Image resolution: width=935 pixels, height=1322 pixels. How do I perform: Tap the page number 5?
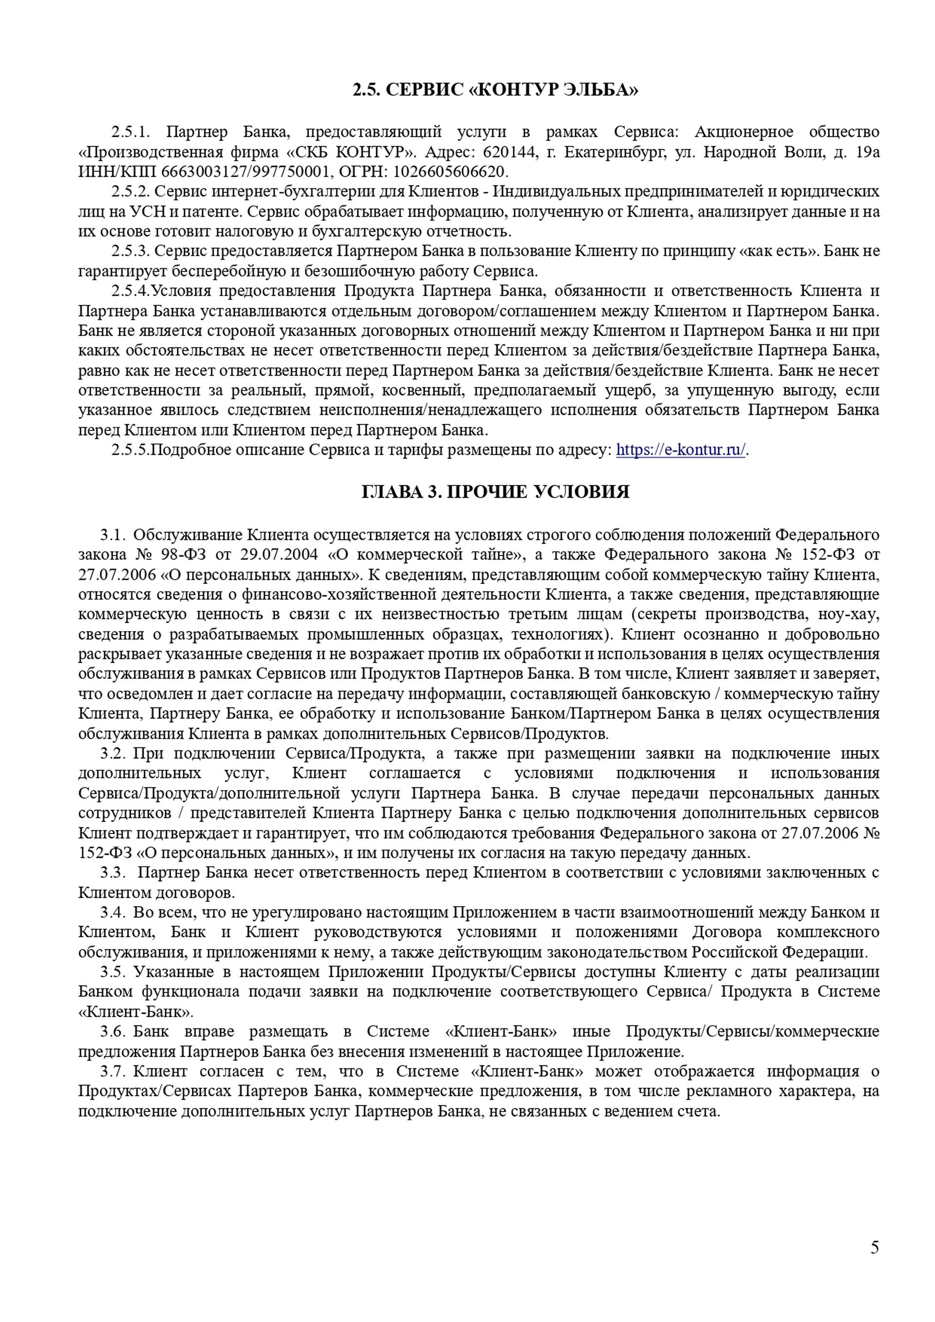coord(875,1247)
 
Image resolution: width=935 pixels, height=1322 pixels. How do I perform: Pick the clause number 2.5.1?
coord(130,132)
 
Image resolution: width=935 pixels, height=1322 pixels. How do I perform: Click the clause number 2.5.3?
coord(130,251)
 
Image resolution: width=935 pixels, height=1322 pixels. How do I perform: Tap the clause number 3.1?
coord(112,535)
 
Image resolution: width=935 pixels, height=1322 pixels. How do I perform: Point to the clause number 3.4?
coord(112,912)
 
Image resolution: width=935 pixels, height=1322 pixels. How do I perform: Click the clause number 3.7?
coord(112,1071)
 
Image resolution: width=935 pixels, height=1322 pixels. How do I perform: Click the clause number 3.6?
coord(112,1031)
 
